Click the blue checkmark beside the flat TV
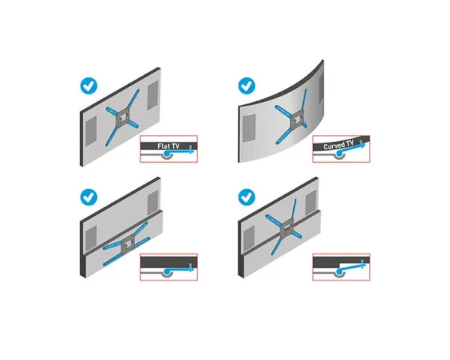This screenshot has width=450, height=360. pyautogui.click(x=91, y=85)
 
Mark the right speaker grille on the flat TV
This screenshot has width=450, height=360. pyautogui.click(x=151, y=94)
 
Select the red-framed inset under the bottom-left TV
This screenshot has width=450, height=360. pyautogui.click(x=167, y=265)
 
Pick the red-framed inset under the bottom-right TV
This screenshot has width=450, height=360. pyautogui.click(x=340, y=265)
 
